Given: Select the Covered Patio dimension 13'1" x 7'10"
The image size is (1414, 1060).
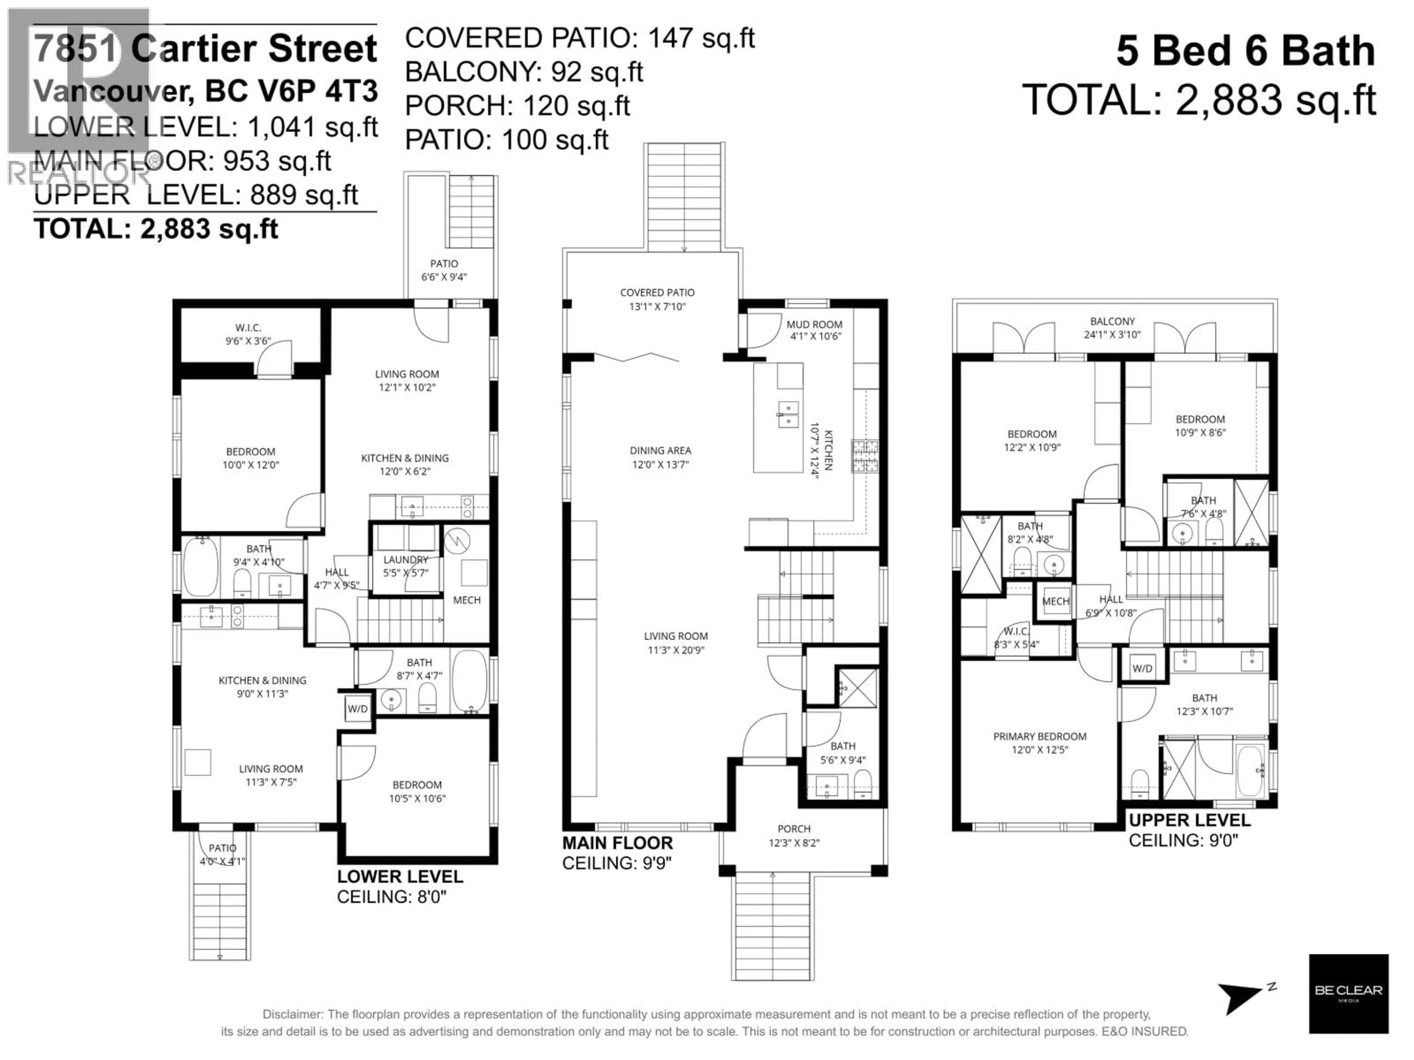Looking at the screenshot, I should pos(657,307).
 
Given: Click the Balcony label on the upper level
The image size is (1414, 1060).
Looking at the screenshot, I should pos(1112,321).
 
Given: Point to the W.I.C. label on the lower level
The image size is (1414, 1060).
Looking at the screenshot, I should pos(248,328).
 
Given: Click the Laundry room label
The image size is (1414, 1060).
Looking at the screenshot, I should pos(405,560).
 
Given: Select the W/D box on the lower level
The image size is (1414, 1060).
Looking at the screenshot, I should pos(357,709).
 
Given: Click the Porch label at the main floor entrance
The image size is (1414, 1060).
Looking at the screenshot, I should pos(794,829).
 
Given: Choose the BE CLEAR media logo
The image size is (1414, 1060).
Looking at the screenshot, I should pos(1348,993).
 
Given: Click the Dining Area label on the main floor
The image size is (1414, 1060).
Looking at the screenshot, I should pos(660,451).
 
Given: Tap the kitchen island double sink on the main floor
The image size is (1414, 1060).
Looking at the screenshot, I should pos(788,414).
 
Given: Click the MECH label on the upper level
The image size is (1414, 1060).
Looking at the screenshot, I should pos(1055,601).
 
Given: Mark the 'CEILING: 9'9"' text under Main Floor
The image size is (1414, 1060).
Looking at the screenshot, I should pos(617,863).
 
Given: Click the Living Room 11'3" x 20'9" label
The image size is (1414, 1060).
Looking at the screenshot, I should pos(676,636).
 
